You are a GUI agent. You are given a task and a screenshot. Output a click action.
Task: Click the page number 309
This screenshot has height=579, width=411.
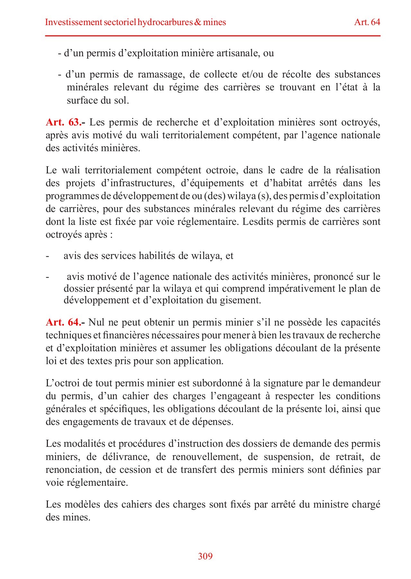[x=205, y=556]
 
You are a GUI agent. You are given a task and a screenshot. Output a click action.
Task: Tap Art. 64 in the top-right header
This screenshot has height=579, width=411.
[x=367, y=22]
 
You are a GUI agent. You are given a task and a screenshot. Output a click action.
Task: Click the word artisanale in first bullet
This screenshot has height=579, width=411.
[x=237, y=53]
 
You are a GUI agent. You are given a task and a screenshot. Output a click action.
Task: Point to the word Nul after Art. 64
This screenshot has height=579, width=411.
[x=96, y=322]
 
